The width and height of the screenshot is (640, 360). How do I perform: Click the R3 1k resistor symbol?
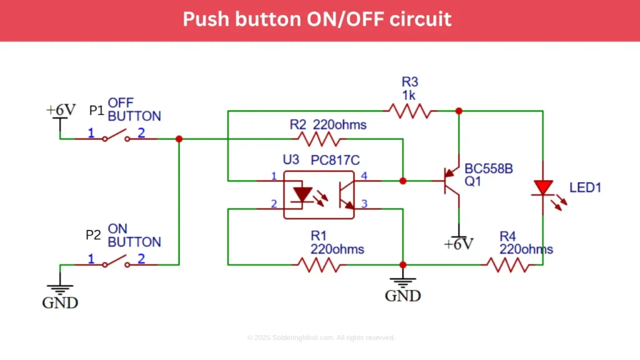409,111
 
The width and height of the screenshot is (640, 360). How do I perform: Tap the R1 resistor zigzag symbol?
319,264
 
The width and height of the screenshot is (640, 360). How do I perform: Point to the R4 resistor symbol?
508,264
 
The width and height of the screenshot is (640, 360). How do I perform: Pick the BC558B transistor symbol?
451,181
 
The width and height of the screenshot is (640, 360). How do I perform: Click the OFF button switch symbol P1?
116,137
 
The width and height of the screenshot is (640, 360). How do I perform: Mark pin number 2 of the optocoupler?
273,203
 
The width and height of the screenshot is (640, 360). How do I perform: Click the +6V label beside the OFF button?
61,110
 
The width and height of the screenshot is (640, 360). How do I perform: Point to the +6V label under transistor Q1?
459,243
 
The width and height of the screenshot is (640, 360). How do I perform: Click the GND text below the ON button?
60,303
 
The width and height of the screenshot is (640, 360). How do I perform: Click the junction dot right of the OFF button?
179,139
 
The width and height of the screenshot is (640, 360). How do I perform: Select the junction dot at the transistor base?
402,181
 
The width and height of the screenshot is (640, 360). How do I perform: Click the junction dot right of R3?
459,111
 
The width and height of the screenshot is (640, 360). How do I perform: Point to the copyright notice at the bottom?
321,337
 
